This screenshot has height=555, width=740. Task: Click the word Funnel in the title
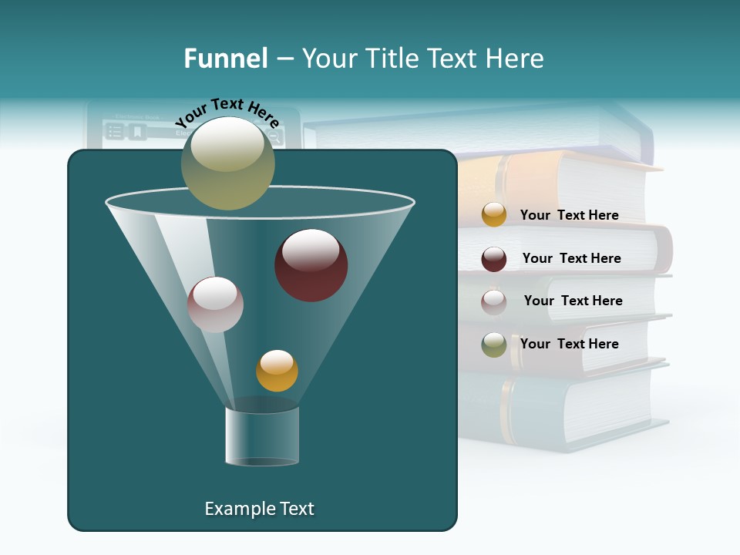225,59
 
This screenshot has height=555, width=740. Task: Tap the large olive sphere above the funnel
227,163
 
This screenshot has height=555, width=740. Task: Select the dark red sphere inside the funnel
311,265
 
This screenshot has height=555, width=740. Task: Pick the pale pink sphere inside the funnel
215,304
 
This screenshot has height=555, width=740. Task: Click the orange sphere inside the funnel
277,371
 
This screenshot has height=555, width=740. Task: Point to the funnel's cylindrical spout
262,436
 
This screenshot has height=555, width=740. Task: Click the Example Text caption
259,509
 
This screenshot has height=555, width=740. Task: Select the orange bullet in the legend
494,214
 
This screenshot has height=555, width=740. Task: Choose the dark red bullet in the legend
494,259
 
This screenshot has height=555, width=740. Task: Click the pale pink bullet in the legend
494,301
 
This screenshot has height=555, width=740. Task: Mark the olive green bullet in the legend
494,345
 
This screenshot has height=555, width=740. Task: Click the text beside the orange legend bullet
569,215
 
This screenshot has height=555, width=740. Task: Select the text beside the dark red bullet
571,258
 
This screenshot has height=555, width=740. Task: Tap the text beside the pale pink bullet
573,301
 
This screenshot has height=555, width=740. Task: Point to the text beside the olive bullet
569,344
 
